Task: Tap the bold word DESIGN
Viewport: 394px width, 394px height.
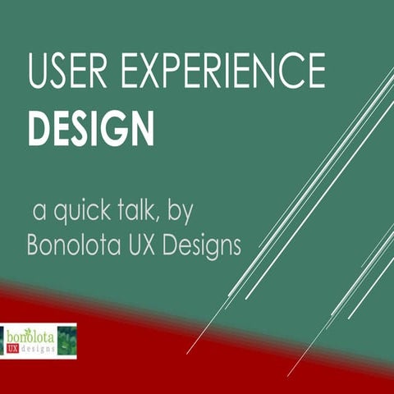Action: click(x=90, y=127)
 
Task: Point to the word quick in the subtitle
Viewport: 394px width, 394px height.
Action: click(x=86, y=212)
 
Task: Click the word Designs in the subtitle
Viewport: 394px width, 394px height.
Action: click(x=206, y=245)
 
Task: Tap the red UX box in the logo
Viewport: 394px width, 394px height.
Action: click(x=14, y=349)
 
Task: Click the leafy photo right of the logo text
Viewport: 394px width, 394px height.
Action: click(x=66, y=341)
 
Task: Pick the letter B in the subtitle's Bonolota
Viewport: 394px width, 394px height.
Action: click(x=34, y=245)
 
